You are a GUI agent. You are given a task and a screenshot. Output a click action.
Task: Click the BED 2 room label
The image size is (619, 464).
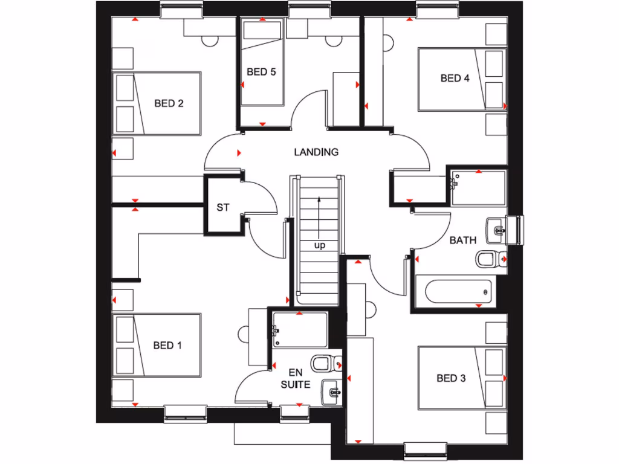pyautogui.click(x=169, y=103)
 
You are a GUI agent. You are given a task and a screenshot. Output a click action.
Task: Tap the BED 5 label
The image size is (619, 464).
pyautogui.click(x=261, y=72)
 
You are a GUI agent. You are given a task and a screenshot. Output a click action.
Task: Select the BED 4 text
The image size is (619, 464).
pyautogui.click(x=455, y=78)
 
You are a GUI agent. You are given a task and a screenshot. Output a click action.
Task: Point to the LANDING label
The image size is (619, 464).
pyautogui.click(x=316, y=152)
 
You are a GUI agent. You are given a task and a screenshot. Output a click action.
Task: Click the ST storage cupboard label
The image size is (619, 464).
pyautogui.click(x=223, y=207)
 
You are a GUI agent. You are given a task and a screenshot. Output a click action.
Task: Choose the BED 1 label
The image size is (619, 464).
pyautogui.click(x=167, y=346)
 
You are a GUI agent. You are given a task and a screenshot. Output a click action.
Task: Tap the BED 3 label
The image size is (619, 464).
pyautogui.click(x=451, y=378)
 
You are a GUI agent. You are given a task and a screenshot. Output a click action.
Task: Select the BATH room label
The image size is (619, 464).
pyautogui.click(x=462, y=240)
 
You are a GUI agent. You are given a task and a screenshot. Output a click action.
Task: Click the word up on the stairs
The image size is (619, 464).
pyautogui.click(x=319, y=245)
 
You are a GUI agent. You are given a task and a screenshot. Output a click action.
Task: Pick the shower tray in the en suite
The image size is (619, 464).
pyautogui.click(x=300, y=330)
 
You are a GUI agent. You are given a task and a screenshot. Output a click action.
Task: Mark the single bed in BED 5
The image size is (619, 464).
pyautogui.click(x=262, y=62)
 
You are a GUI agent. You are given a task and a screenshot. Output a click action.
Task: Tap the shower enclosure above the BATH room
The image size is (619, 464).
pyautogui.click(x=478, y=188)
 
